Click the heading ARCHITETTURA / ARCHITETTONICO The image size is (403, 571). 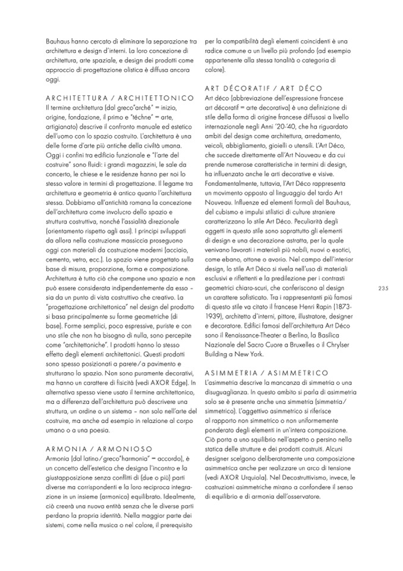119,97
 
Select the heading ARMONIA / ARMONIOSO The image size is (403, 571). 99,448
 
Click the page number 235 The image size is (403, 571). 382,288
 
